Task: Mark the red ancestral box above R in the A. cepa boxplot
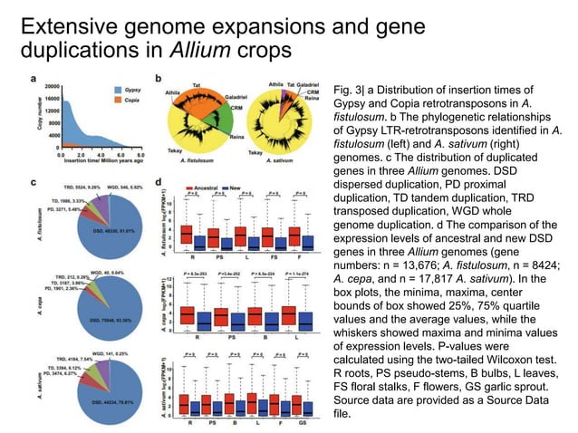pyautogui.click(x=188, y=315)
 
